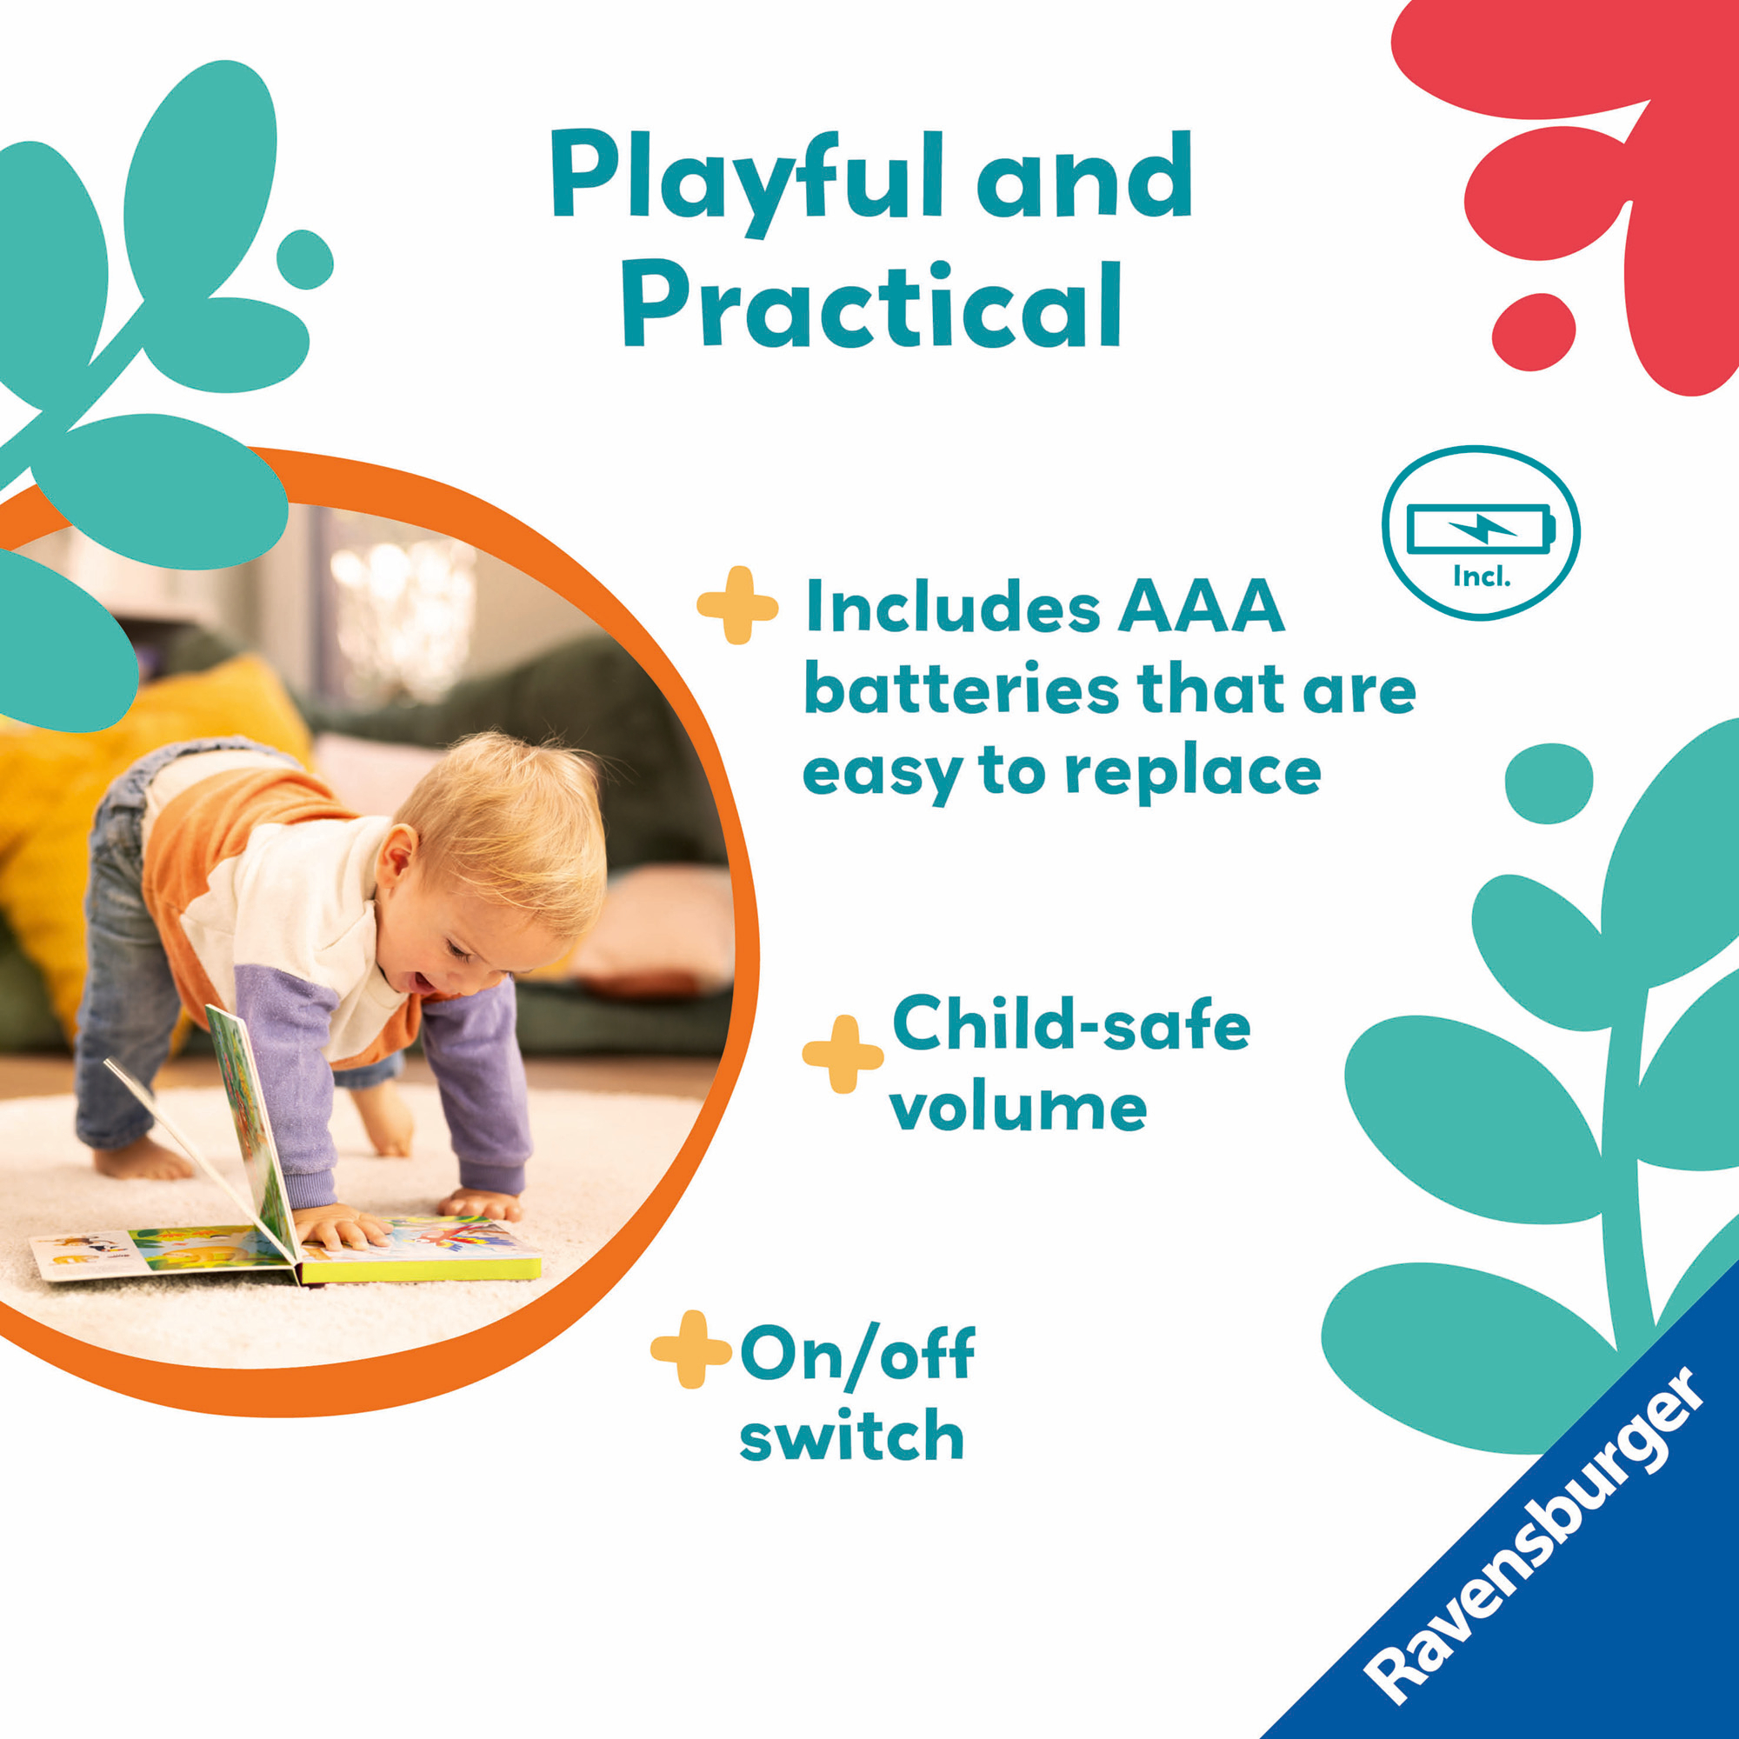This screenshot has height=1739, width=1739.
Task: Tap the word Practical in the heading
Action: (871, 303)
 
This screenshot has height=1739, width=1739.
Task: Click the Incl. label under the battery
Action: (1482, 577)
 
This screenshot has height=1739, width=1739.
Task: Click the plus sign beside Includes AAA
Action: (737, 606)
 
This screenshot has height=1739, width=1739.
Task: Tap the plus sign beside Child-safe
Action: (843, 1055)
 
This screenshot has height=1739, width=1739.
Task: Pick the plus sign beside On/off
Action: (690, 1349)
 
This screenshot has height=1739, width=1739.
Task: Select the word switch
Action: (851, 1435)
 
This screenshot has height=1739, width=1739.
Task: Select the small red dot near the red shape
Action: (1534, 331)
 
